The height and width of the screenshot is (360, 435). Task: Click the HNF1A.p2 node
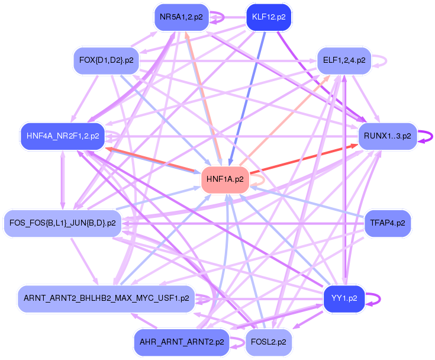pyautogui.click(x=225, y=179)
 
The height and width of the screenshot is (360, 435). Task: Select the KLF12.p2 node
pyautogui.click(x=268, y=17)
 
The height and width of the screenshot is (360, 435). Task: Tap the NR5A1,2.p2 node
pyautogui.click(x=181, y=17)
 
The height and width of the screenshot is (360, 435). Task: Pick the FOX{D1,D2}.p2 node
pyautogui.click(x=106, y=60)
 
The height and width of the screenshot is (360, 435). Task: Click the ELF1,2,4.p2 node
pyautogui.click(x=344, y=60)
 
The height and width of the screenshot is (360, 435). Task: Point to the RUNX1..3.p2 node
pyautogui.click(x=387, y=136)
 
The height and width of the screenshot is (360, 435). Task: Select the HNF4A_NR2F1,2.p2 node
pyautogui.click(x=62, y=136)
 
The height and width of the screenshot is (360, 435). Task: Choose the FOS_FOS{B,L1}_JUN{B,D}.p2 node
pyautogui.click(x=63, y=223)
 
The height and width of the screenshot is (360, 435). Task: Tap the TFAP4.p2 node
pyautogui.click(x=387, y=223)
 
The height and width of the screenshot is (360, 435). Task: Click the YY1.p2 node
pyautogui.click(x=344, y=298)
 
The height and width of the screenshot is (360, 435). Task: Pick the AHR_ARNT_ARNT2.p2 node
pyautogui.click(x=181, y=342)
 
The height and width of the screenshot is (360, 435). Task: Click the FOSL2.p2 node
pyautogui.click(x=268, y=342)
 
